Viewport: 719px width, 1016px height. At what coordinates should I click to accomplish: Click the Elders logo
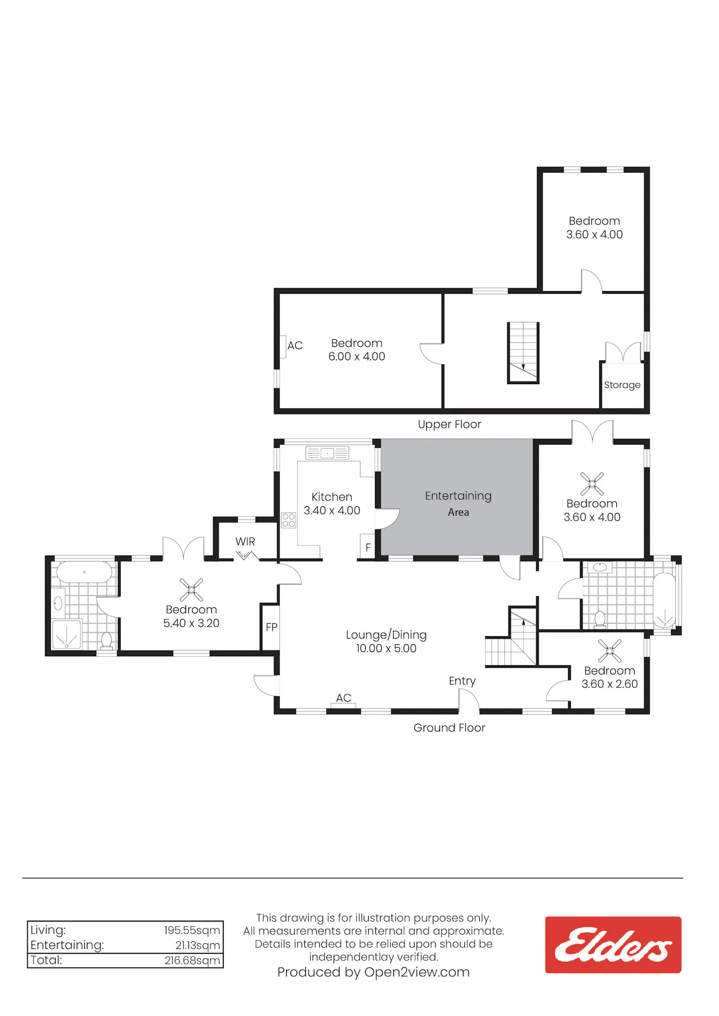click(x=613, y=945)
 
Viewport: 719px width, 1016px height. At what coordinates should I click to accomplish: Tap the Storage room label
click(x=622, y=385)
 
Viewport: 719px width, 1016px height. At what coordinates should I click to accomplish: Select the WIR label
click(x=245, y=541)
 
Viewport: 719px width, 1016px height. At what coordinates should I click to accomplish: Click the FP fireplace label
click(x=271, y=627)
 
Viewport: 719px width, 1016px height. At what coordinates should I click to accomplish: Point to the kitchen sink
click(x=327, y=453)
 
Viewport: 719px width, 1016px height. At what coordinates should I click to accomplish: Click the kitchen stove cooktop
click(x=289, y=520)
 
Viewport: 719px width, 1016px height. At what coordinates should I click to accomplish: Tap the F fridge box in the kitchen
click(x=368, y=547)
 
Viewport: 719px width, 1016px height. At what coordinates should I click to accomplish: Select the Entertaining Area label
click(x=458, y=503)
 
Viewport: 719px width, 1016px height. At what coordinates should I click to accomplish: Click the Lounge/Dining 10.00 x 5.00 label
click(x=386, y=641)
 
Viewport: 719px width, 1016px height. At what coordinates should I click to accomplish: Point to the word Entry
click(x=462, y=681)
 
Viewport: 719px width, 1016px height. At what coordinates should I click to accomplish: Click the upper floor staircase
click(x=523, y=353)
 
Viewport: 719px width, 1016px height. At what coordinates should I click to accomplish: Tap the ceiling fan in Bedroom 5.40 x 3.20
click(x=191, y=590)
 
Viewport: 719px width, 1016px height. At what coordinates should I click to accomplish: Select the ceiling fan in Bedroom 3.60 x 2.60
click(x=610, y=651)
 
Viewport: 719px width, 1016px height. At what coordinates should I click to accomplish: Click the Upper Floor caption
click(x=449, y=424)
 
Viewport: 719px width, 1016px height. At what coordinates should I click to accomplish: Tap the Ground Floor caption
click(x=449, y=728)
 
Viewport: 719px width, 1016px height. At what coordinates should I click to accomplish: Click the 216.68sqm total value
click(x=192, y=960)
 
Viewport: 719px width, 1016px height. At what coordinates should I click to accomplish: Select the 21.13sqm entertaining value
click(x=197, y=945)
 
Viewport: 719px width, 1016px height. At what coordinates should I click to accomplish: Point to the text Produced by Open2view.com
click(x=373, y=972)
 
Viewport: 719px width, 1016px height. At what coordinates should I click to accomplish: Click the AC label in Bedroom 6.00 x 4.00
click(x=295, y=345)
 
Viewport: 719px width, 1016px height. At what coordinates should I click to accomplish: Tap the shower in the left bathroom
click(x=67, y=634)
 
